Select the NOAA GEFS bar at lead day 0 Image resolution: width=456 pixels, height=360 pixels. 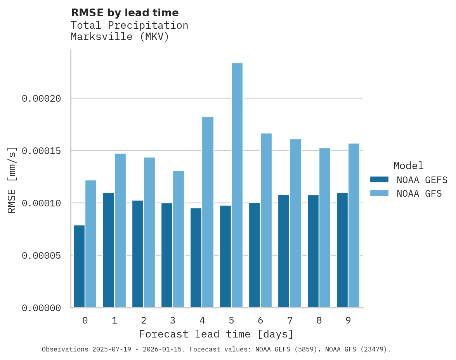[x=79, y=267]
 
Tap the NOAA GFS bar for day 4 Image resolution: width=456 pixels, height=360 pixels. [x=208, y=212]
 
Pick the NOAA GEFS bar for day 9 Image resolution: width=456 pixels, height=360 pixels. [x=342, y=250]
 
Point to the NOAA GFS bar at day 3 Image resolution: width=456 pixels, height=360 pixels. [x=179, y=239]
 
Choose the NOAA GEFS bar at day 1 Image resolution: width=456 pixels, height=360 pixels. [x=108, y=250]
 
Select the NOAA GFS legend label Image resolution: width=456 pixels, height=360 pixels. [x=419, y=193]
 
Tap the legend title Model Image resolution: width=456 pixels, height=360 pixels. [x=408, y=166]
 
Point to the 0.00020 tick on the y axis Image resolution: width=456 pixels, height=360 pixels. [x=42, y=99]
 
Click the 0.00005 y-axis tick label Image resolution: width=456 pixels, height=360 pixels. [x=42, y=256]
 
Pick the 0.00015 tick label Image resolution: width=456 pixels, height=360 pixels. [x=42, y=151]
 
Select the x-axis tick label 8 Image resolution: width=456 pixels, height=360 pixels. [x=319, y=320]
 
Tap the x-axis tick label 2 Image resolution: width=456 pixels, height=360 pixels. [x=144, y=320]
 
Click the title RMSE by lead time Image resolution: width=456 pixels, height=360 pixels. [x=125, y=13]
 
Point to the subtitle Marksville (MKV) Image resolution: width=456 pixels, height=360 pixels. [x=120, y=37]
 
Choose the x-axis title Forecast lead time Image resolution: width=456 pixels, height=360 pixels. [x=216, y=334]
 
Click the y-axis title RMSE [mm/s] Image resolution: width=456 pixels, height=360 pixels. [x=12, y=180]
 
